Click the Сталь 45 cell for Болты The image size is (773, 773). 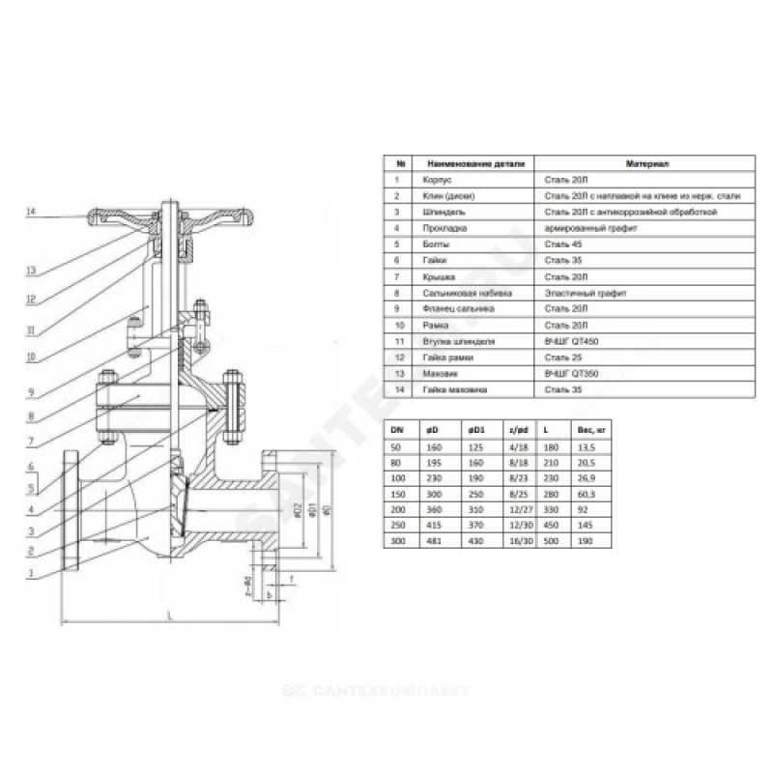(558, 244)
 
